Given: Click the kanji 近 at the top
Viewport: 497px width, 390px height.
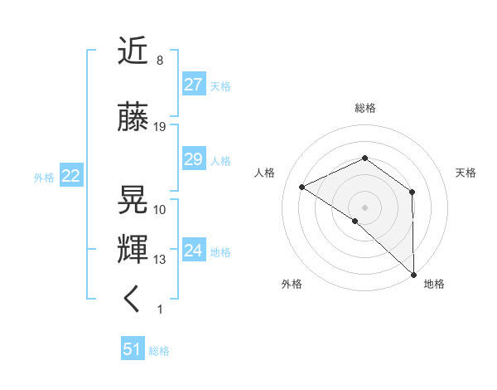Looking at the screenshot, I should (134, 53).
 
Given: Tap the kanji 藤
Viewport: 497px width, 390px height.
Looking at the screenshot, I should (134, 116).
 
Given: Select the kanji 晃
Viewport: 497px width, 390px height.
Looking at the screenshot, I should (134, 198).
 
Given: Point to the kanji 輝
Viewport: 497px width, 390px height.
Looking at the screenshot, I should (134, 250).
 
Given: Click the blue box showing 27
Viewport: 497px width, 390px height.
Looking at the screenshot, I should (193, 85).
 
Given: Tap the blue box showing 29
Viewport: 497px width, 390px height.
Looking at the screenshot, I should (193, 159).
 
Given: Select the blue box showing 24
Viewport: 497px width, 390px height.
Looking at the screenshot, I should (193, 251).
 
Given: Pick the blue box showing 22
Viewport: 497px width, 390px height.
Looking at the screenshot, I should (70, 176).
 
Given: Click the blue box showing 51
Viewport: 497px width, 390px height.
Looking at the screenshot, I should (133, 349).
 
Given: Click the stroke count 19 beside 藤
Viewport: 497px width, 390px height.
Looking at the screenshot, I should (160, 127).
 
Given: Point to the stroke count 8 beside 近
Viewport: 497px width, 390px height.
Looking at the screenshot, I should (159, 61).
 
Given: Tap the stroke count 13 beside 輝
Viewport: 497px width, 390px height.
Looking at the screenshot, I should (160, 260).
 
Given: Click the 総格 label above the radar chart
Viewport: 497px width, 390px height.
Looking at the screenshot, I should (364, 108).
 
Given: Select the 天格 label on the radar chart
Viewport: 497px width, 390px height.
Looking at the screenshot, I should (466, 173).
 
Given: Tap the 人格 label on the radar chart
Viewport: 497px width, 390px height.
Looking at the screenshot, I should (264, 173).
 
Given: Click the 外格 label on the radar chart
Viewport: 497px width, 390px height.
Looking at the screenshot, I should (291, 284).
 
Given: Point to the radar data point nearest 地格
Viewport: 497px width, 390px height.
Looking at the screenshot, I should (413, 274).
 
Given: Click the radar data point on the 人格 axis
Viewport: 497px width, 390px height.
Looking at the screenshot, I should (302, 187).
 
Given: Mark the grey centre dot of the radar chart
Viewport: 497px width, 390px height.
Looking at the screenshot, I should (364, 207).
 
